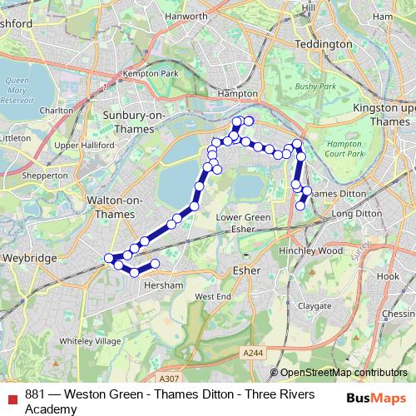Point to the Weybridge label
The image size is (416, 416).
pos(31,259)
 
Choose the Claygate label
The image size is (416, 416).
pos(314,305)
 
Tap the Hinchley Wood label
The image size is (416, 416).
pos(311,250)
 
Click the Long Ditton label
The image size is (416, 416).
pos(356,214)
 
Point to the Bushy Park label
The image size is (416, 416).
pos(317,86)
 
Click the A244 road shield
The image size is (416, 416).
pos(255,354)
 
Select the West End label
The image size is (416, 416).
pos(212,296)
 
